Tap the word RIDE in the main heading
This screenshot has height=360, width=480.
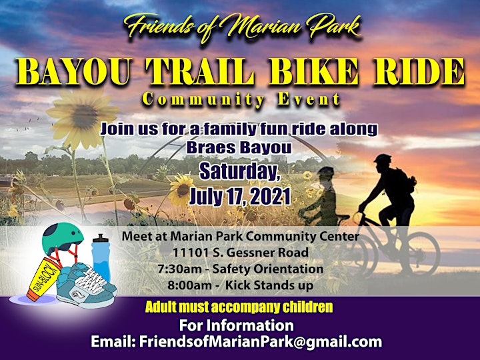coord(419,71)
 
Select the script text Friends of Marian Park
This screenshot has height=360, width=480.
coord(243,27)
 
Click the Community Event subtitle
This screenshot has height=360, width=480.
coord(241,100)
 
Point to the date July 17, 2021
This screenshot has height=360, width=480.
coord(240,196)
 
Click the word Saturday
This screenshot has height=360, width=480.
coord(240,172)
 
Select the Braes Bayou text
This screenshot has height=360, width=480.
coord(239,148)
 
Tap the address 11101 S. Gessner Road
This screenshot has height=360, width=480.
coord(241,253)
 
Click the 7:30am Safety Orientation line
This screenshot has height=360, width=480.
coord(241,269)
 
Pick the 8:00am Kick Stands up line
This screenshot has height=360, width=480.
coord(241,285)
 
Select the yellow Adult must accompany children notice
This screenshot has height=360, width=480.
coord(239,307)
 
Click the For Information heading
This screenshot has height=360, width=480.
coord(236,325)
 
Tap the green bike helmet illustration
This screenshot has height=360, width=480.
coord(62,239)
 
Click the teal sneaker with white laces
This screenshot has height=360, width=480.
coord(86,285)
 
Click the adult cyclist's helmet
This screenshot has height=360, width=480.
coord(383,159)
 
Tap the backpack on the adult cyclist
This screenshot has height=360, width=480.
coord(404,181)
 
